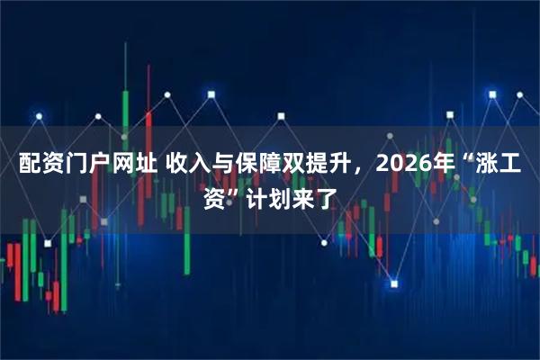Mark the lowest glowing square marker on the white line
tap(394, 284)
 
